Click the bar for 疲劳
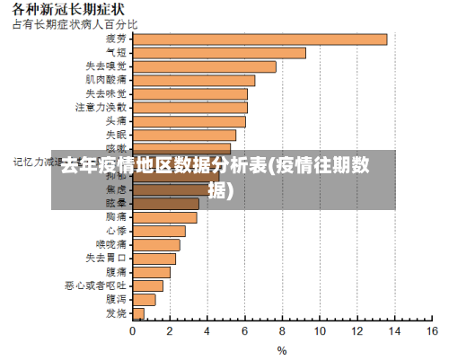pos(260,39)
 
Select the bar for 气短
pos(219,52)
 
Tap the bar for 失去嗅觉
pos(204,66)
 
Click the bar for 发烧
pos(137,312)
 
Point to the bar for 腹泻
pos(144,299)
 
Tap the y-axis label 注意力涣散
pos(101,107)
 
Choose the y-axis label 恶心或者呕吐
pos(95,285)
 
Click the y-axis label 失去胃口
pos(106,258)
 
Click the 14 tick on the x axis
pos(393,331)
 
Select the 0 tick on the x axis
pos(133,331)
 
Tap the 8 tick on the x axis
pos(282,331)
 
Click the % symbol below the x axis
pos(281,350)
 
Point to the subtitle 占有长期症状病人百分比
pos(75,23)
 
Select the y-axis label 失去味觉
pos(106,93)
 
